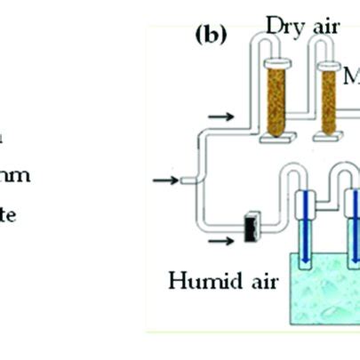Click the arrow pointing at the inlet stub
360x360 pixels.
point(164,180)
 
